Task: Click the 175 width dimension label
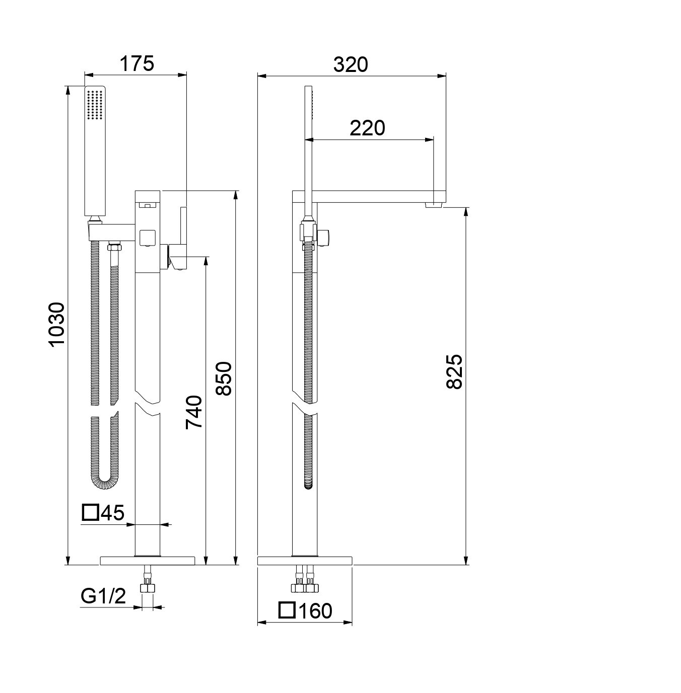click(x=137, y=63)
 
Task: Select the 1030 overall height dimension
click(x=57, y=325)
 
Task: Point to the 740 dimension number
click(x=194, y=412)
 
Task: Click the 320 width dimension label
click(x=351, y=65)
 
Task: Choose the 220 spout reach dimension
click(x=367, y=128)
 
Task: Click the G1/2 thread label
click(x=103, y=596)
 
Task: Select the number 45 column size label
click(x=113, y=513)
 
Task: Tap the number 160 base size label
click(x=315, y=611)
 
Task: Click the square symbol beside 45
click(x=90, y=512)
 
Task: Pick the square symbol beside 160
click(x=287, y=610)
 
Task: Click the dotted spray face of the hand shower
click(x=95, y=104)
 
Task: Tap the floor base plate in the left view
click(x=148, y=561)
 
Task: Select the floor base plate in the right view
click(x=305, y=561)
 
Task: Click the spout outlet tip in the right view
click(x=433, y=205)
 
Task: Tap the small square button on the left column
click(x=147, y=237)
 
